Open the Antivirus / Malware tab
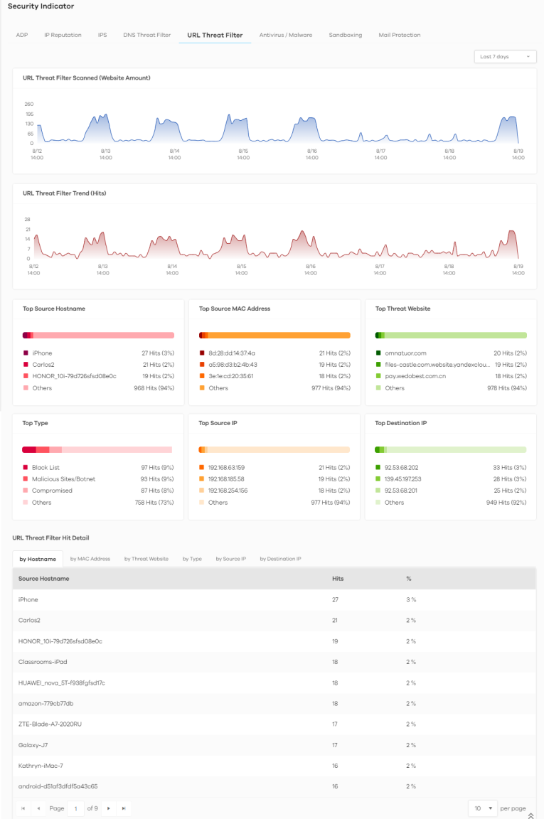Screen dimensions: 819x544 pyautogui.click(x=285, y=35)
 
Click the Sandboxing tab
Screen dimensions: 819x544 pyautogui.click(x=345, y=35)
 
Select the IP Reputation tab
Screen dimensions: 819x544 pyautogui.click(x=63, y=35)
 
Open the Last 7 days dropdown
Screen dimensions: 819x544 pyautogui.click(x=505, y=57)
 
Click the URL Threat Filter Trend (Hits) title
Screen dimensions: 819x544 pyautogui.click(x=64, y=193)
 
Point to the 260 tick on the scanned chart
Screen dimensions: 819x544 pyautogui.click(x=29, y=104)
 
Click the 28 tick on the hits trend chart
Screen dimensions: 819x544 pyautogui.click(x=28, y=220)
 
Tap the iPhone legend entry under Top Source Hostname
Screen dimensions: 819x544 pyautogui.click(x=42, y=353)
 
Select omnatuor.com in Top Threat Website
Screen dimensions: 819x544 pyautogui.click(x=405, y=353)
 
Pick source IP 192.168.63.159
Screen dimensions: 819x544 pyautogui.click(x=226, y=468)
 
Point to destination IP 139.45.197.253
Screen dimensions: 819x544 pyautogui.click(x=403, y=479)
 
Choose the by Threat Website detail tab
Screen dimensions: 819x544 pyautogui.click(x=146, y=559)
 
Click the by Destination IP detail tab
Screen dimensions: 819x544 pyautogui.click(x=280, y=559)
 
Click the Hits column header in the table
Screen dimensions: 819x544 pyautogui.click(x=338, y=579)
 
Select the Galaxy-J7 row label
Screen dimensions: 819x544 pyautogui.click(x=33, y=745)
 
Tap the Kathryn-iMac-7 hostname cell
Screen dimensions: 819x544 pyautogui.click(x=41, y=766)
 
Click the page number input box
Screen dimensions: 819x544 pyautogui.click(x=76, y=808)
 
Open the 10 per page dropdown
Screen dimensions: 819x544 pyautogui.click(x=482, y=808)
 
